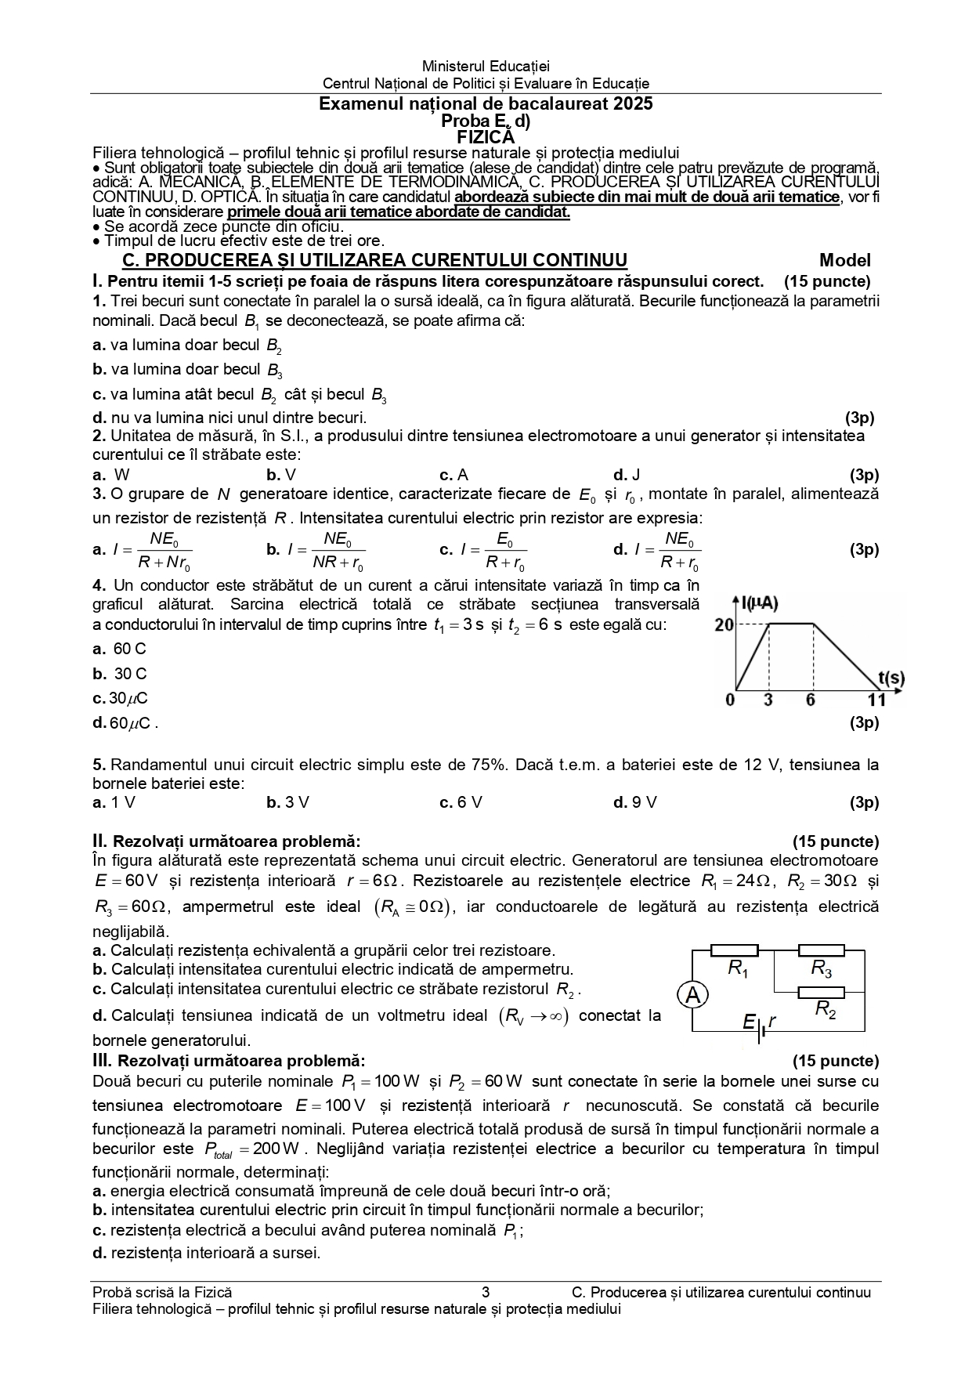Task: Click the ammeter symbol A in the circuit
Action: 693,996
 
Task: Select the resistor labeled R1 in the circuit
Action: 734,951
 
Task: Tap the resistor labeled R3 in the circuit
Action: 821,951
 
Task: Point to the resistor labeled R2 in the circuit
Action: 821,993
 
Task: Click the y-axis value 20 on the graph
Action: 724,624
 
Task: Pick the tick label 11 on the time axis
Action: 876,700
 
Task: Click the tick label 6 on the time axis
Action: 811,700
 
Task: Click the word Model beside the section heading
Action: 845,261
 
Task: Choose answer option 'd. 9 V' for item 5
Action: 635,802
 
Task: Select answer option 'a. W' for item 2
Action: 111,475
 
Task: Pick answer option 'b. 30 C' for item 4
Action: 120,674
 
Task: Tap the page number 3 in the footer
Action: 486,1293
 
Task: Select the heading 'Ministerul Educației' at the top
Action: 486,67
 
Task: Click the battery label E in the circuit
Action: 749,1022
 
